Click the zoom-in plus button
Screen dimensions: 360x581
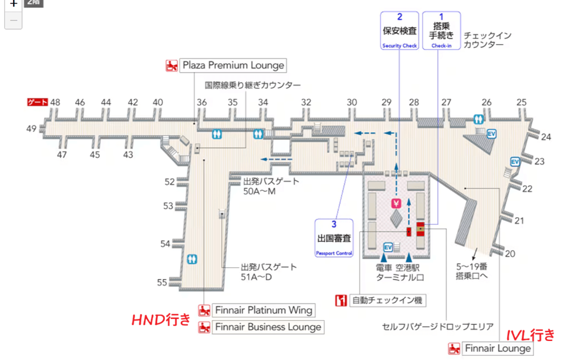[x=13, y=4]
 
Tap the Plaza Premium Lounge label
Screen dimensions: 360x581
[x=233, y=65]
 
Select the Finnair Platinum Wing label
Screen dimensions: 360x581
[x=263, y=310]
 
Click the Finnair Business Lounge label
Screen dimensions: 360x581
[x=267, y=327]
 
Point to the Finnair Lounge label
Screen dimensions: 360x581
[x=497, y=348]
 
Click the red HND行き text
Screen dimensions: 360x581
[x=161, y=320]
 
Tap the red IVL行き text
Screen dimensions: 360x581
[x=530, y=334]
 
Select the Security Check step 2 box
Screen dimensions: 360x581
[x=399, y=30]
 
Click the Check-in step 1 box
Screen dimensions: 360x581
[x=441, y=30]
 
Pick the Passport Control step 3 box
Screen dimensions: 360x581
[x=334, y=237]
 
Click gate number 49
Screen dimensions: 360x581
[x=31, y=128]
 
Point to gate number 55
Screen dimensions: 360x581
[x=162, y=283]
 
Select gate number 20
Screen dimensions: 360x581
[x=510, y=254]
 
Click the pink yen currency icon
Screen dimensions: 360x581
[x=396, y=204]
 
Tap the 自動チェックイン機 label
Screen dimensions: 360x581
[x=386, y=300]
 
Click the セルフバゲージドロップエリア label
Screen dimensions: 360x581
[x=438, y=327]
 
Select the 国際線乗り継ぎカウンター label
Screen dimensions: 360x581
[x=253, y=85]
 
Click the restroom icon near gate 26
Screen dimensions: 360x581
[x=478, y=118]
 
